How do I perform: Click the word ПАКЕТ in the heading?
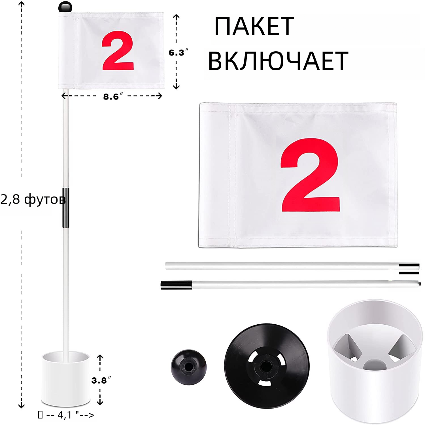(254, 26)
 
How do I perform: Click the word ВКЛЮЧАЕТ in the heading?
(278, 61)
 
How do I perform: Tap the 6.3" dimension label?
(178, 53)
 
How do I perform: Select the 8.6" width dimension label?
(113, 97)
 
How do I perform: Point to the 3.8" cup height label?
(101, 380)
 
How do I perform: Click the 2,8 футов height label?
(33, 199)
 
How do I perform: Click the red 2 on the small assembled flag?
(118, 51)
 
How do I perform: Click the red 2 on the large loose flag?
(311, 175)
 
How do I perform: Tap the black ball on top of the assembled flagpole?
(65, 7)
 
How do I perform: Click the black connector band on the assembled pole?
(66, 208)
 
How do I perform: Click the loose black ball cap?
(189, 367)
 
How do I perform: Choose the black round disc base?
(267, 366)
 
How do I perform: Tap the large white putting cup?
(373, 361)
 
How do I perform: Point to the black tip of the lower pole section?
(176, 285)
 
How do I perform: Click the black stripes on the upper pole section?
(409, 269)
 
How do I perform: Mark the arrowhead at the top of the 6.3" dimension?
(176, 17)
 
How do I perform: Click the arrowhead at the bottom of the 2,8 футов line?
(21, 405)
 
